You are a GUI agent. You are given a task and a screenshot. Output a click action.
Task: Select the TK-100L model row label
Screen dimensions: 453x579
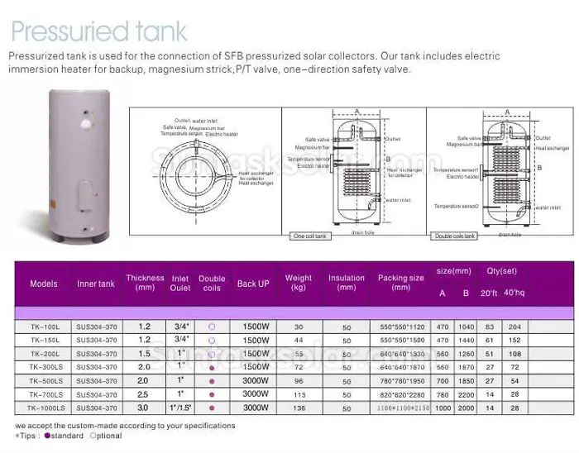43,326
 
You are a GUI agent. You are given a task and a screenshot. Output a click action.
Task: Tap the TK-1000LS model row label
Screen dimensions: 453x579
43,408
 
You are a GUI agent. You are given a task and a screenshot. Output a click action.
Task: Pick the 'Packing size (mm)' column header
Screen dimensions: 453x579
401,283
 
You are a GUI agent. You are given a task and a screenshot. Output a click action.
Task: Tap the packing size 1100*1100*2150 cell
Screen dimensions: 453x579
401,408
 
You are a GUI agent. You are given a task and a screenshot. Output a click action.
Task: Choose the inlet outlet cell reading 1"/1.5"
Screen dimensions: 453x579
180,408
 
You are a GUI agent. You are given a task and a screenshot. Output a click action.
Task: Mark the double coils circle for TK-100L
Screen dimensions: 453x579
212,326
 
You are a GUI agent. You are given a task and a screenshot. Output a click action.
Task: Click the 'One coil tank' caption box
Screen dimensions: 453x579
311,236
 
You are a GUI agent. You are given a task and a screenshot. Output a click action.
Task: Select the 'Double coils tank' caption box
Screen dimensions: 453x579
455,236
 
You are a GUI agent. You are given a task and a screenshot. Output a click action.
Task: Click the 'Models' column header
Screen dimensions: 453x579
44,284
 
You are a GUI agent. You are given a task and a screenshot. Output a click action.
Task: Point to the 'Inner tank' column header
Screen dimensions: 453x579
96,284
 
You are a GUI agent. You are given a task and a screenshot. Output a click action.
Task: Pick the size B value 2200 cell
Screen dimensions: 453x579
466,394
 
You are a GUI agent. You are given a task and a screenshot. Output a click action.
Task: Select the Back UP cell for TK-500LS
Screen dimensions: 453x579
255,380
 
